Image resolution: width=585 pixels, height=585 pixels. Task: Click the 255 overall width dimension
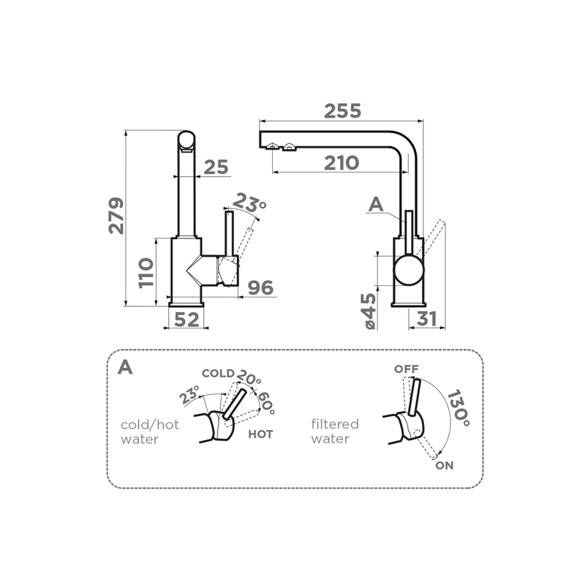[342, 111]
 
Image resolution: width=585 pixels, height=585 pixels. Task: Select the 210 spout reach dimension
[341, 163]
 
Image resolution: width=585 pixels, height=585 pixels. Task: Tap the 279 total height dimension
[116, 216]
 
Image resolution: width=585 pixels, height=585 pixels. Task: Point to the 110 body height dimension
[146, 273]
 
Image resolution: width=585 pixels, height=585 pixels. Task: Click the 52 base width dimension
[186, 320]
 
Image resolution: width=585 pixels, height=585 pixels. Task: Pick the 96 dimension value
[261, 287]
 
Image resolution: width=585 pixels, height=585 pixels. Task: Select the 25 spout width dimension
[216, 167]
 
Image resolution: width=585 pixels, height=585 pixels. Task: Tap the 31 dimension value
[426, 319]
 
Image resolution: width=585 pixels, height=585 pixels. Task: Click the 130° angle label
[458, 408]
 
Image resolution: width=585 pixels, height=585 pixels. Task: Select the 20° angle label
[249, 377]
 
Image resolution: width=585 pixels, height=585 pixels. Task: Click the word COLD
[218, 374]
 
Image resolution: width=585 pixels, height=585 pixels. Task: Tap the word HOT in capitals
[260, 434]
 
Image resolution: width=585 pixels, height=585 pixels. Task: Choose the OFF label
[407, 369]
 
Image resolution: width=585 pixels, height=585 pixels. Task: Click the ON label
[445, 466]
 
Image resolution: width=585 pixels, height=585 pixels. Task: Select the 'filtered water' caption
[335, 431]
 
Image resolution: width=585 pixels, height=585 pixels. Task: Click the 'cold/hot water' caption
[150, 431]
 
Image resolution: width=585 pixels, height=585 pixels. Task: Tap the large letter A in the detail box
[125, 368]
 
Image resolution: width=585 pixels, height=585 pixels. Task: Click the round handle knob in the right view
[409, 270]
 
